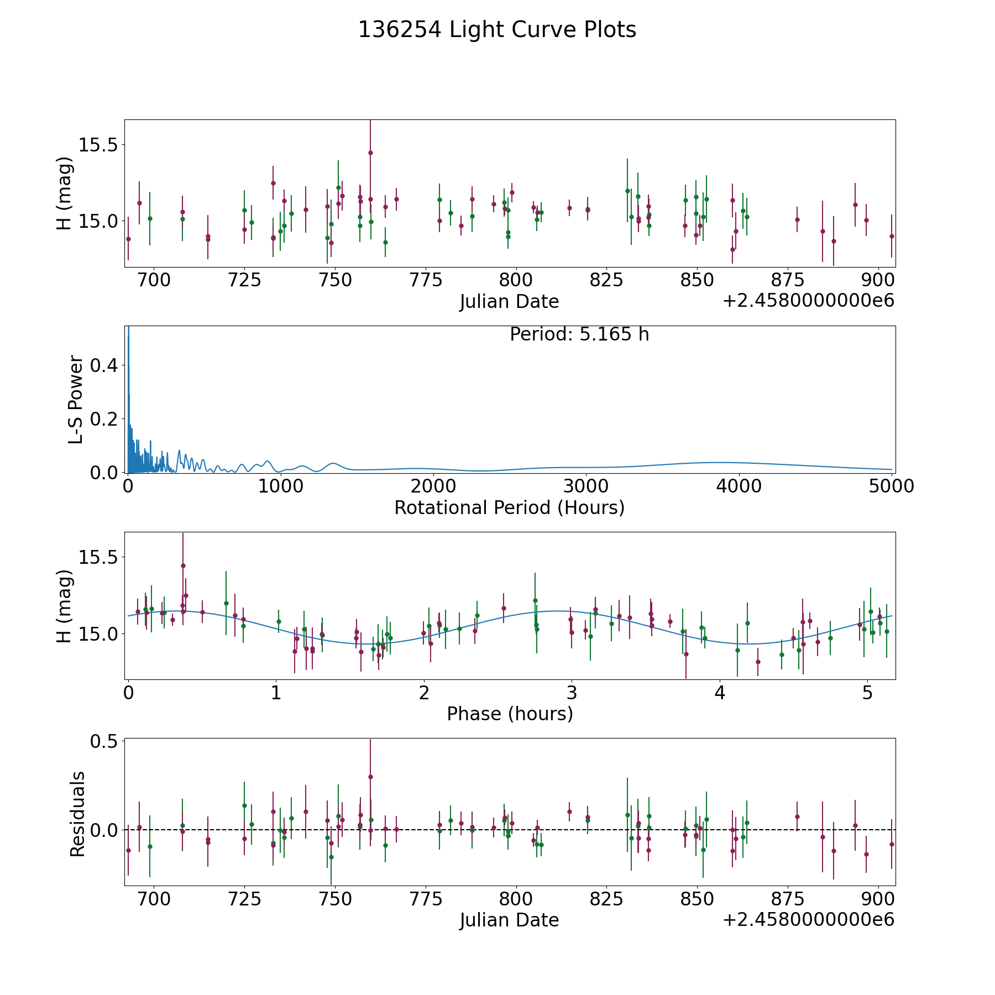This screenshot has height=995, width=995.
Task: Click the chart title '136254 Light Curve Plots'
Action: (x=497, y=30)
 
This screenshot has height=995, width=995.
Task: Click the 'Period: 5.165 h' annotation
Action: (x=579, y=334)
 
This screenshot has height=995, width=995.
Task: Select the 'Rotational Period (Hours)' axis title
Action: (x=509, y=507)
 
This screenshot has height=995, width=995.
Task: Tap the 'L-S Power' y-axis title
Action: (x=76, y=400)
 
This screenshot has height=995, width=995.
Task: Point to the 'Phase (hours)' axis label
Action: (x=510, y=714)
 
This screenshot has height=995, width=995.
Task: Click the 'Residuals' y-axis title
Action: (x=77, y=814)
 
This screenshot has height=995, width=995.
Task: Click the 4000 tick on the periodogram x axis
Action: (x=738, y=486)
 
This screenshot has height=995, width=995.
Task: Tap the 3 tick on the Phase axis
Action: (x=572, y=693)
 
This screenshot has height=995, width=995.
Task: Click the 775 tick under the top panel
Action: (x=426, y=280)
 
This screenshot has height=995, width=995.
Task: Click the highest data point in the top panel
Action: (x=370, y=153)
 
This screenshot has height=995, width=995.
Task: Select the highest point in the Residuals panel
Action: (x=370, y=777)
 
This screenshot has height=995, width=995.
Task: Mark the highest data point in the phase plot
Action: (x=183, y=565)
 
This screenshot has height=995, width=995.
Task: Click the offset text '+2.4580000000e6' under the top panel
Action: (x=808, y=301)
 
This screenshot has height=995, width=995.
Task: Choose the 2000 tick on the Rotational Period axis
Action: (x=433, y=486)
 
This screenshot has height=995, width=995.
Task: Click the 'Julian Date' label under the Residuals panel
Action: (x=509, y=920)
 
